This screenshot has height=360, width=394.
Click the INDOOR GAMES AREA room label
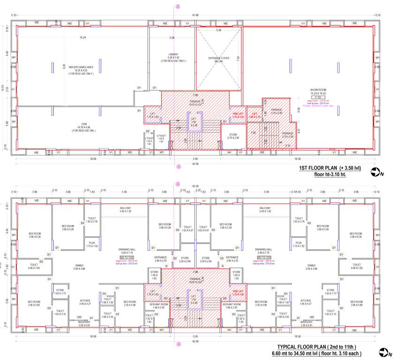pyautogui.click(x=81, y=67)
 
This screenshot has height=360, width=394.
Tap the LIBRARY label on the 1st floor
pyautogui.click(x=173, y=54)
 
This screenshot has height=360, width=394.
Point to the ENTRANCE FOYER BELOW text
pyautogui.click(x=218, y=59)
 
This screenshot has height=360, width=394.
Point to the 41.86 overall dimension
pyautogui.click(x=195, y=15)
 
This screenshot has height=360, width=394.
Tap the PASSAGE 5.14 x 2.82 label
pyautogui.click(x=276, y=111)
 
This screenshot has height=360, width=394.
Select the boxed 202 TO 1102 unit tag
pyautogui.click(x=127, y=258)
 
